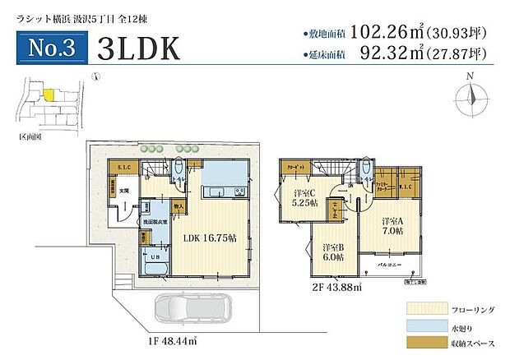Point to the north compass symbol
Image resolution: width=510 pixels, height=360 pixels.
pyautogui.click(x=470, y=98)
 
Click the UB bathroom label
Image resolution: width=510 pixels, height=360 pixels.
pyautogui.click(x=154, y=257)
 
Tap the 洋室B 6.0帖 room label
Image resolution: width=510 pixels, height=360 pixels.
pyautogui.click(x=333, y=252)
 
